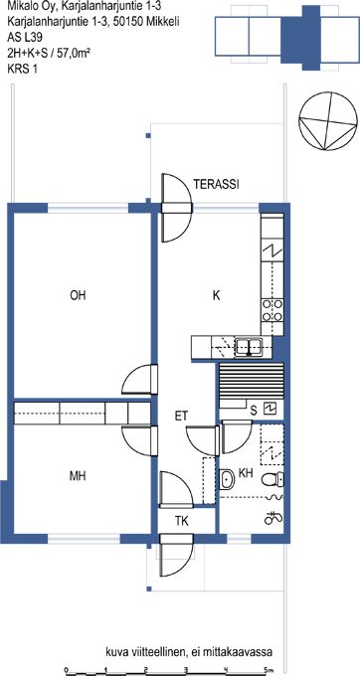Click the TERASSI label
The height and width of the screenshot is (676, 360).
(216, 185)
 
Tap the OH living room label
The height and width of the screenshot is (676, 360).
(78, 295)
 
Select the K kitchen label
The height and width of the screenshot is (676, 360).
(217, 295)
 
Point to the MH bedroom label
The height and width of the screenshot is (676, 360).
(78, 476)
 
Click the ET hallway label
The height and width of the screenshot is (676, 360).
(181, 416)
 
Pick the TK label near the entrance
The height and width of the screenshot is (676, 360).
(182, 521)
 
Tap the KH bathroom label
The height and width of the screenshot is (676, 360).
(246, 474)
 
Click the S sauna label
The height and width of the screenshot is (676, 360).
(254, 412)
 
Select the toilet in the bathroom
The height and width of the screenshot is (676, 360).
(272, 479)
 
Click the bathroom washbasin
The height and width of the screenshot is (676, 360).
(227, 480)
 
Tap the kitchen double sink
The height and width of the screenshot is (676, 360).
(249, 347)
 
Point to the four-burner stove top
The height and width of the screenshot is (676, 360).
(272, 310)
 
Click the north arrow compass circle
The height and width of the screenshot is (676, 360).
(328, 119)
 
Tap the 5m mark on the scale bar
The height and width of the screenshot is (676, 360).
(268, 669)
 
